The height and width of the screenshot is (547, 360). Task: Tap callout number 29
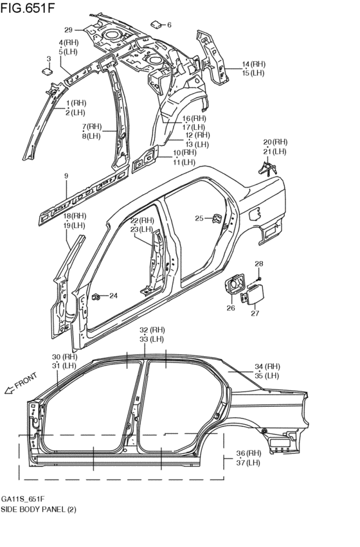[x=68, y=30]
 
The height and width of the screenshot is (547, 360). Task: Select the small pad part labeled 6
[x=156, y=24]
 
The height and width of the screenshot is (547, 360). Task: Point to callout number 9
[x=65, y=175]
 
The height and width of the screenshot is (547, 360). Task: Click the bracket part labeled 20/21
[x=267, y=168]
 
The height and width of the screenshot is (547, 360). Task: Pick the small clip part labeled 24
[x=96, y=296]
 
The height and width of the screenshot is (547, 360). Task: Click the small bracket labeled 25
[x=217, y=218]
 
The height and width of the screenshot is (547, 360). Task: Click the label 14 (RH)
[x=253, y=64]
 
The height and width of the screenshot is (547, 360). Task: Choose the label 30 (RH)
[x=64, y=357]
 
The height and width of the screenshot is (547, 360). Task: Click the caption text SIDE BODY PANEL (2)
[x=39, y=509]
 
